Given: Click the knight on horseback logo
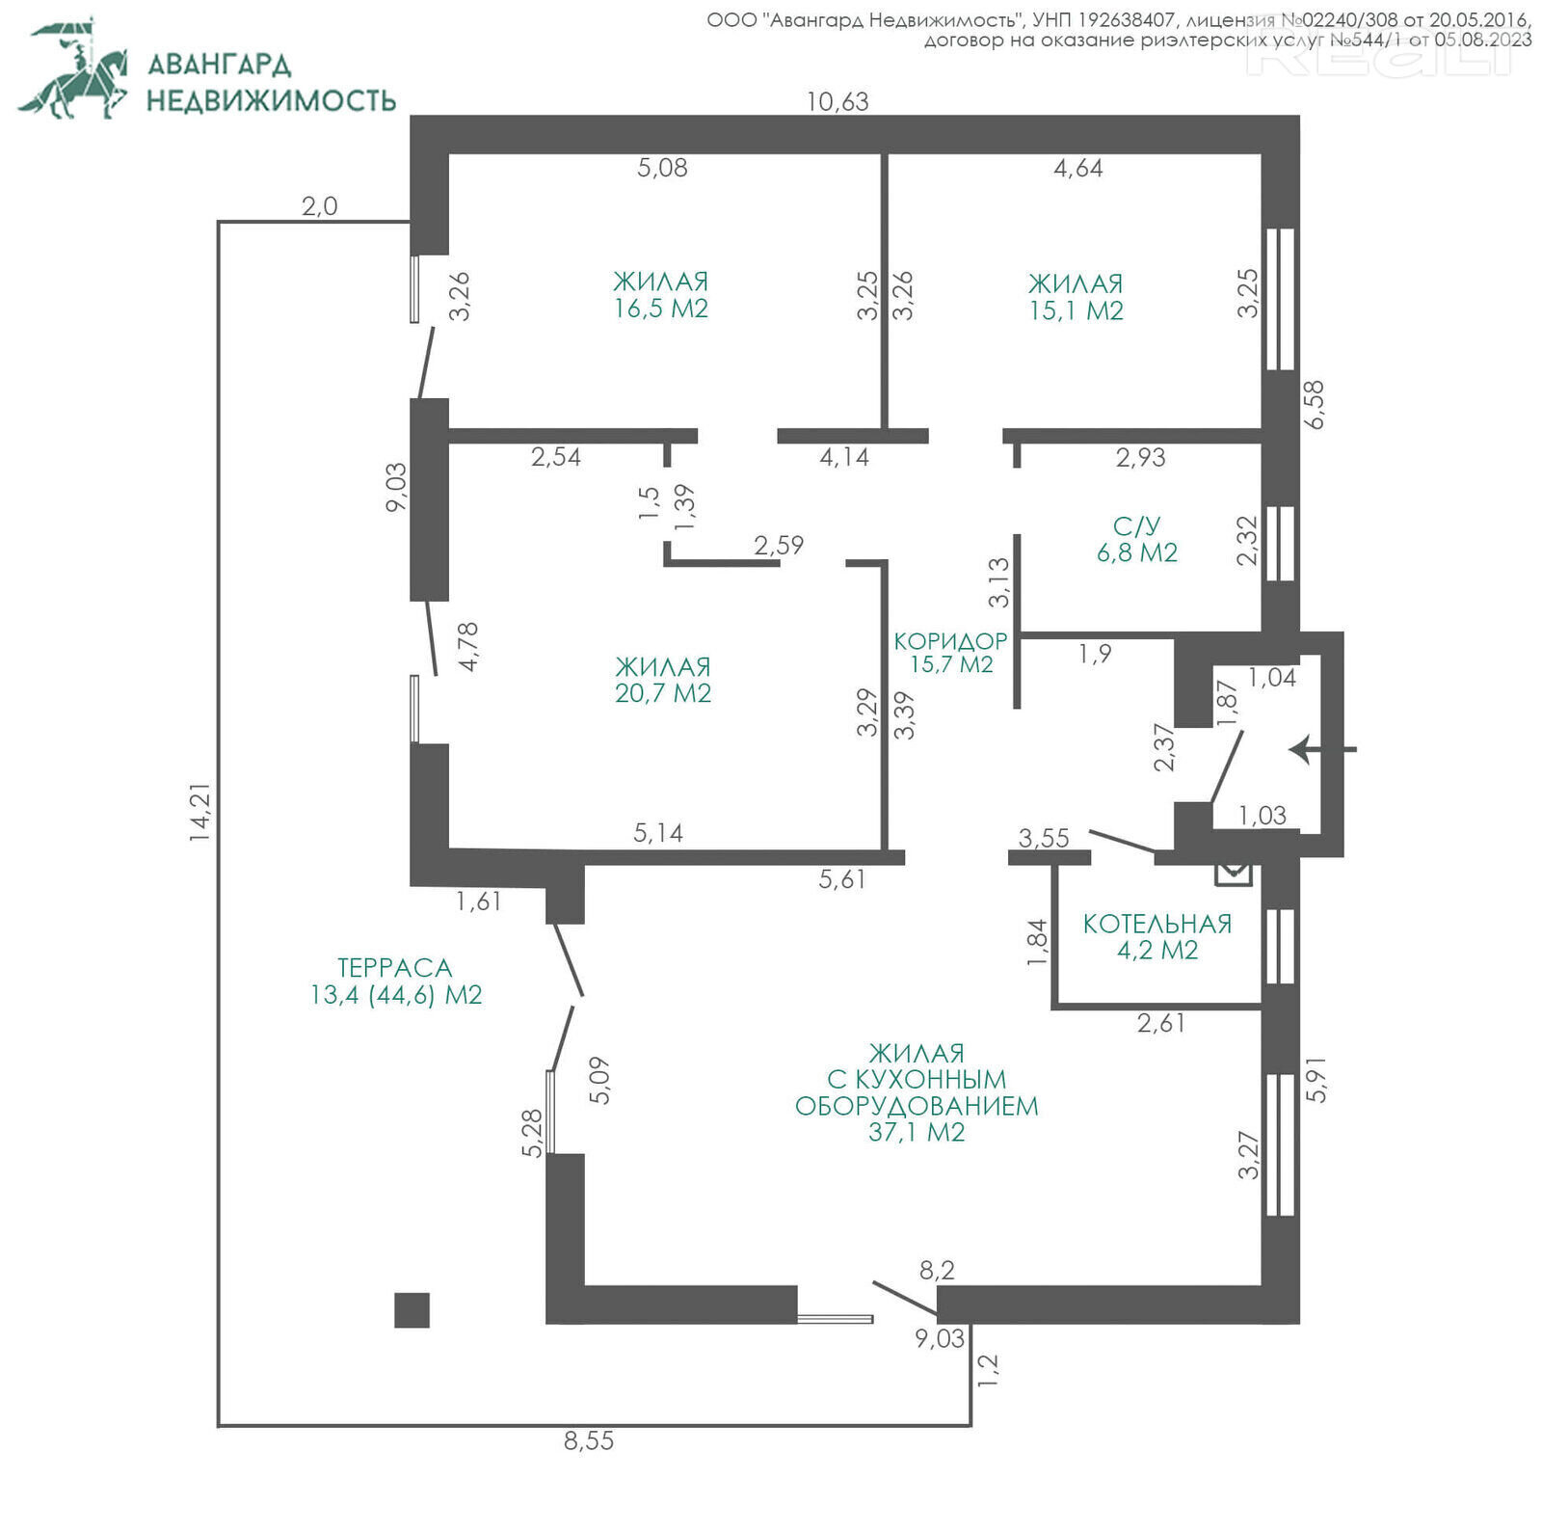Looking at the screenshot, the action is [74, 67].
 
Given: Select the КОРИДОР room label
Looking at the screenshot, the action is [950, 641].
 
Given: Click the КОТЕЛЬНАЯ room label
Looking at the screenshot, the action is [1157, 924].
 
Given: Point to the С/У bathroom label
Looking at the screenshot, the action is [1137, 526].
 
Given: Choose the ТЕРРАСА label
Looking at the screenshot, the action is [394, 968].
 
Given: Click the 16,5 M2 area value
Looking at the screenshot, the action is [661, 309].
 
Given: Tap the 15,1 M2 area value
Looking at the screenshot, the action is [1077, 310].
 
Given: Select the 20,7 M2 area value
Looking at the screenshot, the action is [663, 693].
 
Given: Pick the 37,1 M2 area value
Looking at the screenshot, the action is [917, 1132].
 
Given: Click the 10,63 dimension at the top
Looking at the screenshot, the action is [837, 101].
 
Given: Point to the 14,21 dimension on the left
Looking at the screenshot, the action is [199, 813].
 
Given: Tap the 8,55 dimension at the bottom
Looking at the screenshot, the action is [589, 1440].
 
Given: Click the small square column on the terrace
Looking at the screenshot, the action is [412, 1310].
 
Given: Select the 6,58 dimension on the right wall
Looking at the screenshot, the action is [1313, 405].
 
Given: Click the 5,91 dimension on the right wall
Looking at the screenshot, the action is [1316, 1080].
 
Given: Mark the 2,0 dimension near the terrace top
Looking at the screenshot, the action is [320, 206].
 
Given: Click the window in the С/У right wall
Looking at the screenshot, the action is [1280, 544].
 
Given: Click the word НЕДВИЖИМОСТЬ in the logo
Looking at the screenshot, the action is [271, 100].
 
